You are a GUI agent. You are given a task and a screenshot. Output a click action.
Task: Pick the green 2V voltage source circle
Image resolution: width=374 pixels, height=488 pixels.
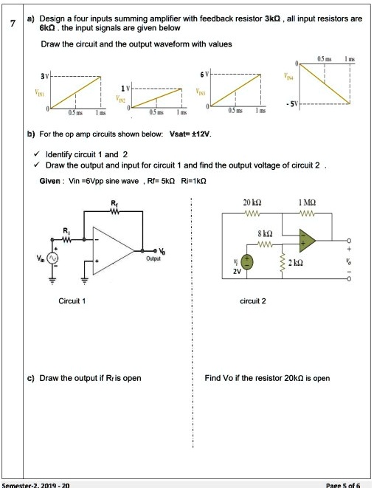(249, 263)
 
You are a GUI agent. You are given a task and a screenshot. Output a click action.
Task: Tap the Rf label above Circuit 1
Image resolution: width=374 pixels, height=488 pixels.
(112, 205)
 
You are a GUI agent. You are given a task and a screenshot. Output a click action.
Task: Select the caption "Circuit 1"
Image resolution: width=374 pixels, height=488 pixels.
(72, 300)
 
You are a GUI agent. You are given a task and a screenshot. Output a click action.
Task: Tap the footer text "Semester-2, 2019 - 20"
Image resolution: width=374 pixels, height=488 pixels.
(37, 484)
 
